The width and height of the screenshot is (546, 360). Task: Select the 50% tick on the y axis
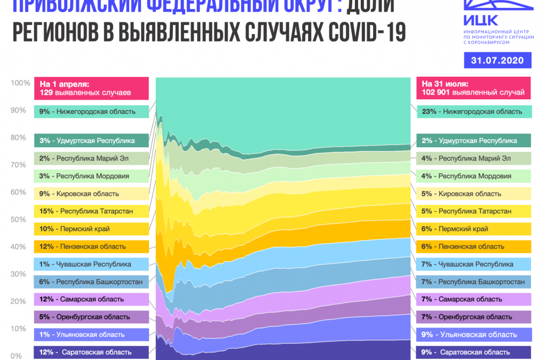[x=18, y=219]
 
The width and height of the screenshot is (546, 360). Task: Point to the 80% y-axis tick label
[x=18, y=137]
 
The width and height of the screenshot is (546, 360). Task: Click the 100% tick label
[x=20, y=83]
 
